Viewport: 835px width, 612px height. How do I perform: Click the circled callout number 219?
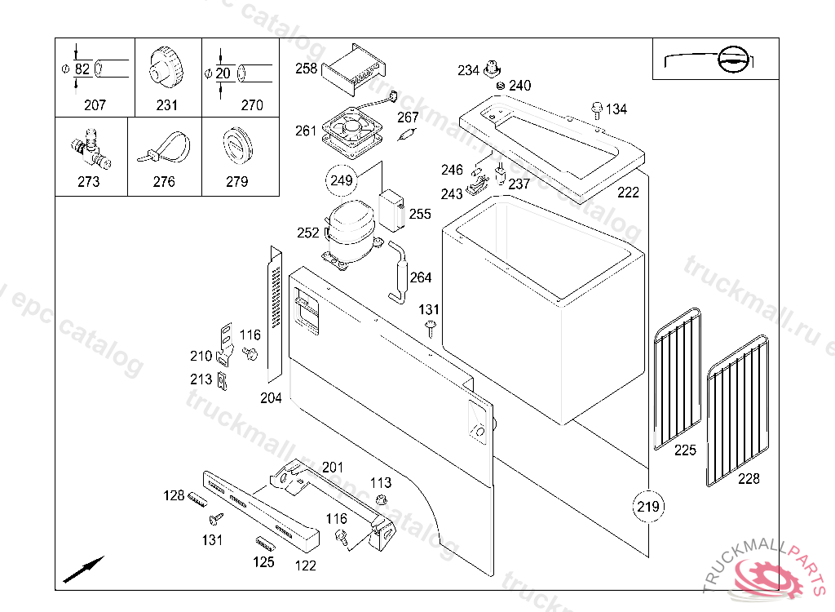click(647, 508)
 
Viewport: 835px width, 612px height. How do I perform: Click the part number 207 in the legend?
click(95, 105)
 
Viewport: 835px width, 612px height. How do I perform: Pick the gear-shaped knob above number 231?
click(164, 67)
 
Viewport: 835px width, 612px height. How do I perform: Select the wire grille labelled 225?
click(678, 379)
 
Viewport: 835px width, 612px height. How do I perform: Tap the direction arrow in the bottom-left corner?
click(84, 568)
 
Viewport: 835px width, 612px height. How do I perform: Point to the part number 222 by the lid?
click(628, 193)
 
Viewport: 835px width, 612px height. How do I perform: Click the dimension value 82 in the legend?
click(82, 70)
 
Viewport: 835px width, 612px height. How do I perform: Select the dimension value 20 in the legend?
click(223, 73)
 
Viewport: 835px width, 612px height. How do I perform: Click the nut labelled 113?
click(381, 499)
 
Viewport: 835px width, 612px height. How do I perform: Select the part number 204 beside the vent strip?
click(271, 398)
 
